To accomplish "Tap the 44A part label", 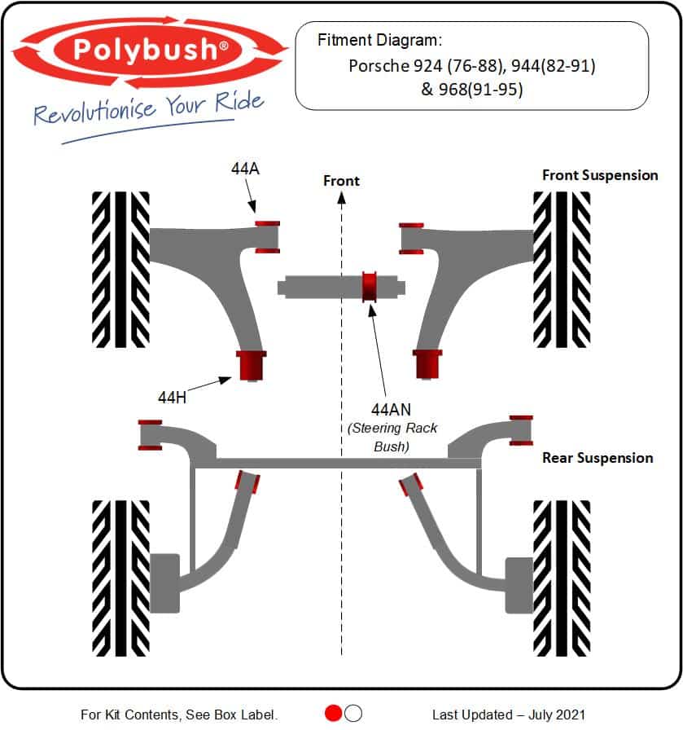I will [x=245, y=169].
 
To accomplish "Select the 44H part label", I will [x=173, y=397].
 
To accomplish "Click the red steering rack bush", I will [x=370, y=286].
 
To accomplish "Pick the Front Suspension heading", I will [x=600, y=175].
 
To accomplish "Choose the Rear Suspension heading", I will [x=598, y=458].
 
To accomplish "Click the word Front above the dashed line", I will [x=341, y=180].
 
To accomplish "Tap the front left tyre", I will [x=120, y=269].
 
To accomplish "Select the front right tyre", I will [x=561, y=269].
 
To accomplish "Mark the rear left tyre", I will [x=120, y=577].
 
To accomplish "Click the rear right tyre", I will [x=561, y=577].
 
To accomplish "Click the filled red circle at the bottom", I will [x=333, y=713].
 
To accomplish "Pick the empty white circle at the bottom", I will [x=353, y=713].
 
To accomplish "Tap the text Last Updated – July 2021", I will [x=508, y=715].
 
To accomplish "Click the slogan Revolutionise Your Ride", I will [x=149, y=108].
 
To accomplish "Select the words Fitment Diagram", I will [x=379, y=40].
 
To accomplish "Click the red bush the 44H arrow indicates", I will [x=252, y=364].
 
